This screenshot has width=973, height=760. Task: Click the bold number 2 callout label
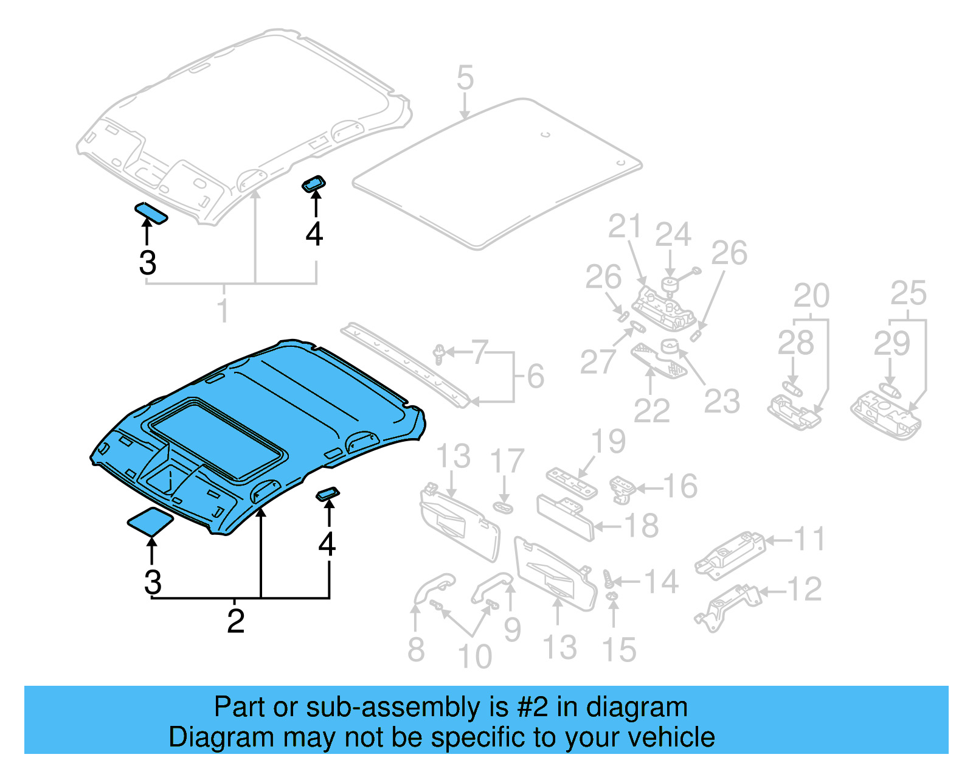pos(235,621)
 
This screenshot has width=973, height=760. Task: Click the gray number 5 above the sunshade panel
pos(465,78)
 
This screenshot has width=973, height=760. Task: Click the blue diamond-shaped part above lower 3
pos(150,521)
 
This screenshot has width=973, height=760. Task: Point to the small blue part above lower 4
pos(328,493)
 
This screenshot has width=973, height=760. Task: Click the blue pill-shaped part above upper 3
pos(151,213)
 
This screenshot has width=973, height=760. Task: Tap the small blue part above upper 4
pos(314,183)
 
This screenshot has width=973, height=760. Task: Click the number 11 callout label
pos(809,539)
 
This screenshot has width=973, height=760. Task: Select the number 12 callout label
pos(804,589)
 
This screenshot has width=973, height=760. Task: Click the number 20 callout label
pos(811,296)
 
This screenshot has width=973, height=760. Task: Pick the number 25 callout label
pos(908,294)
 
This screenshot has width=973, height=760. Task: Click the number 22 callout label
pos(651,411)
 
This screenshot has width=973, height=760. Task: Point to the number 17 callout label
pos(507,461)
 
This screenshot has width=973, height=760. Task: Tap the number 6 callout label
pos(535,377)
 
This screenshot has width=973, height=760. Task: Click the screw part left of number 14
pos(609,577)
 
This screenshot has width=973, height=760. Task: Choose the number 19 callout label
pos(608,442)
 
